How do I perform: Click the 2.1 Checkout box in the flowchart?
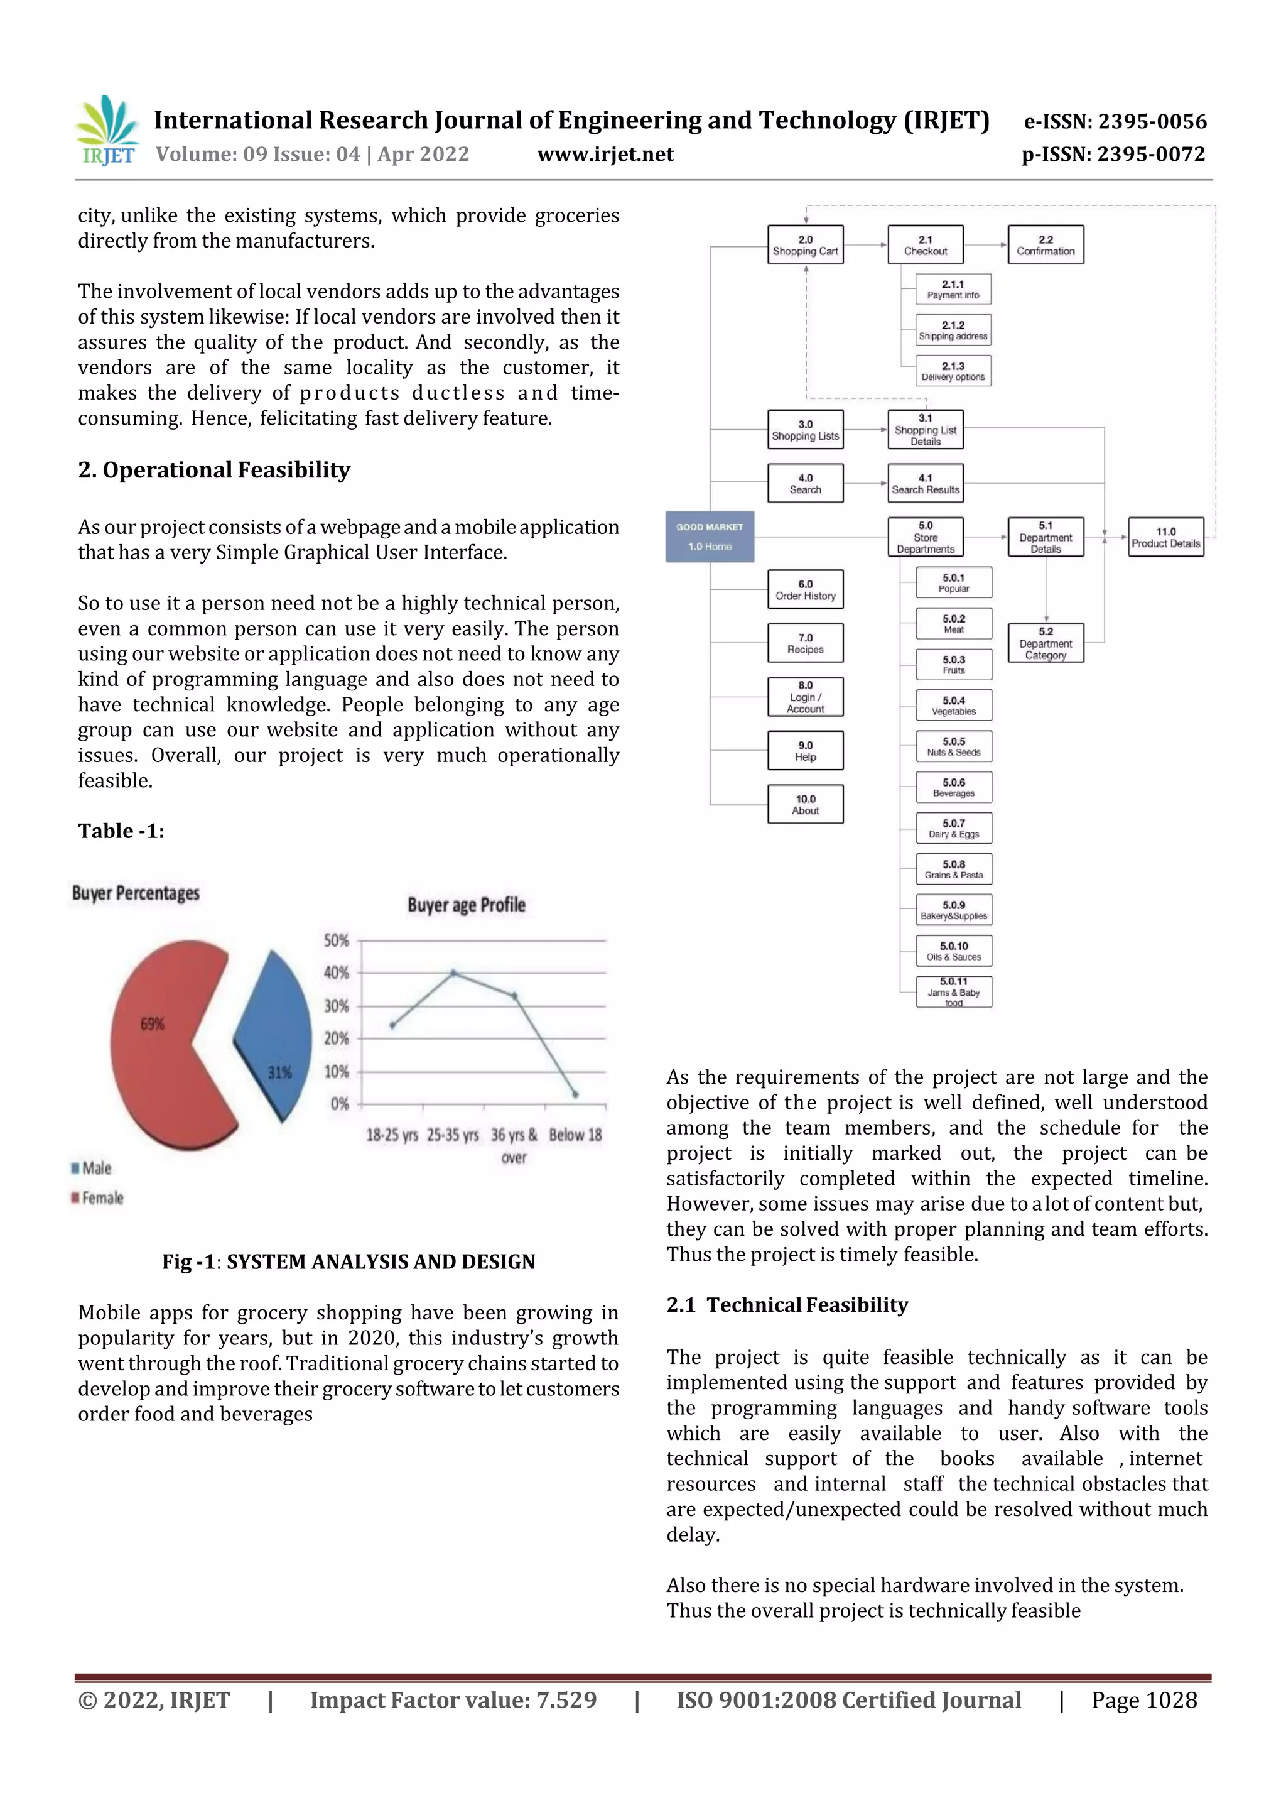pyautogui.click(x=925, y=245)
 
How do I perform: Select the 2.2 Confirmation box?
pyautogui.click(x=1045, y=245)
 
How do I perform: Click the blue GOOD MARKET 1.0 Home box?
pyautogui.click(x=709, y=537)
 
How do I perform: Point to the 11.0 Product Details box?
pyautogui.click(x=1165, y=537)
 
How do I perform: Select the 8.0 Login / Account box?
pyautogui.click(x=805, y=697)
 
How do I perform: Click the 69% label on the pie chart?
pyautogui.click(x=152, y=1023)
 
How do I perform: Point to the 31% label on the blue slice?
pyautogui.click(x=279, y=1072)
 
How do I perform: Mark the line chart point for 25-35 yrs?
pyautogui.click(x=453, y=972)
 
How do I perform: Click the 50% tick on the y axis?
pyautogui.click(x=336, y=940)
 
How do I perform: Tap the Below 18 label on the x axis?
pyautogui.click(x=575, y=1135)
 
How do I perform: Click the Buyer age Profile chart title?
pyautogui.click(x=466, y=905)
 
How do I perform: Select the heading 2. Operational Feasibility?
pyautogui.click(x=214, y=470)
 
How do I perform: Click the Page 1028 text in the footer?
pyautogui.click(x=1143, y=1700)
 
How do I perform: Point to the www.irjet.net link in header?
pyautogui.click(x=605, y=154)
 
